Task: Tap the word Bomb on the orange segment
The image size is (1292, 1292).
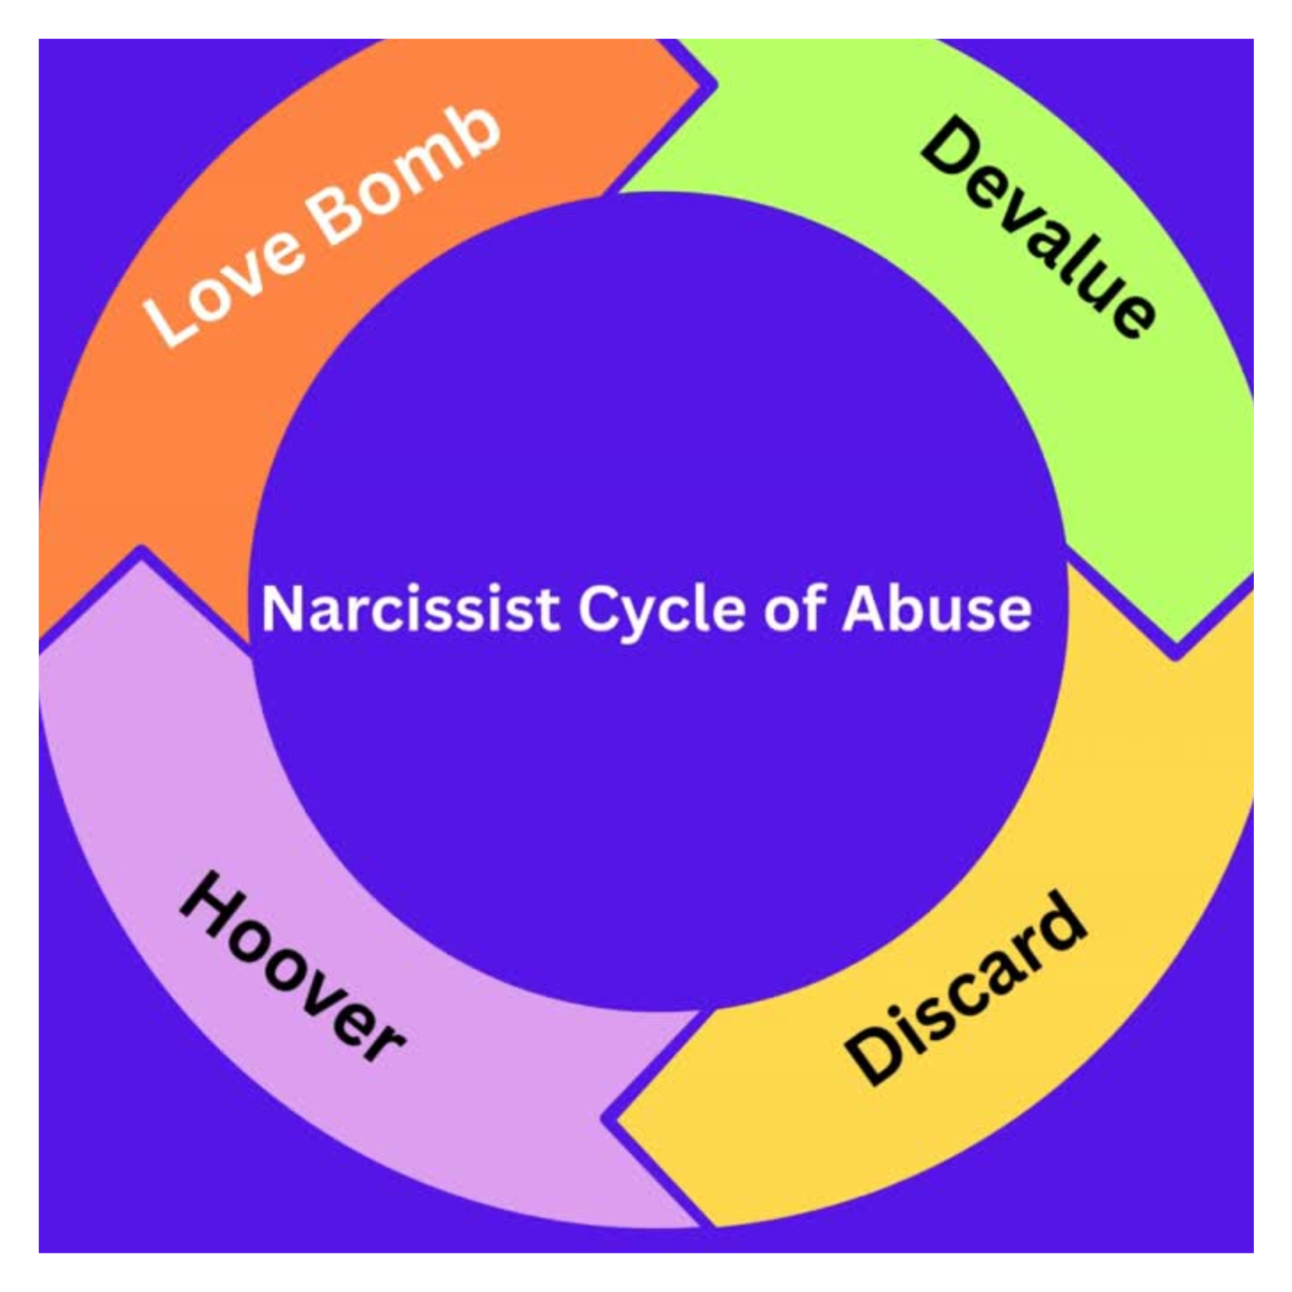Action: tap(404, 174)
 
